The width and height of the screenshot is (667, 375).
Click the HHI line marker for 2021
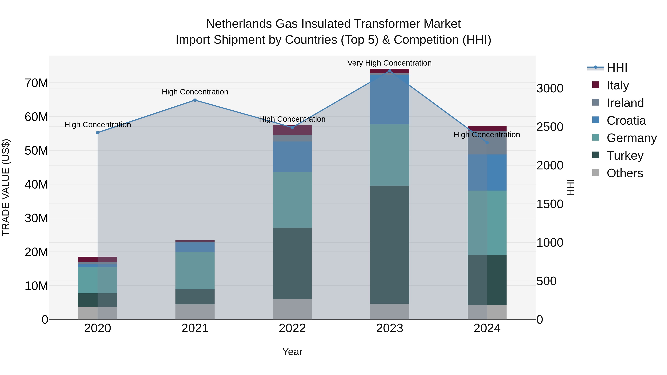pyautogui.click(x=195, y=100)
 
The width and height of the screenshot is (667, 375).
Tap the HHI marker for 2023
pyautogui.click(x=390, y=71)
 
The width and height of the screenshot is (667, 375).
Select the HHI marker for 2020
pyautogui.click(x=98, y=133)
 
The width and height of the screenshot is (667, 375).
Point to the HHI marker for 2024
pyautogui.click(x=487, y=143)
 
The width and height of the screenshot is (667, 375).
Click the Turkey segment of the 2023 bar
pyautogui.click(x=390, y=245)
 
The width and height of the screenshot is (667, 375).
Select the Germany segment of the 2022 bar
pyautogui.click(x=292, y=200)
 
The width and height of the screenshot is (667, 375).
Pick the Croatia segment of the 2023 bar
pyautogui.click(x=390, y=100)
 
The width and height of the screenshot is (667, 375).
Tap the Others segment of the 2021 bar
pyautogui.click(x=195, y=312)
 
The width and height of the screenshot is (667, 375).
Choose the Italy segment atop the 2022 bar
pyautogui.click(x=292, y=130)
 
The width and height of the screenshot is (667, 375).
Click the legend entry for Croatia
pyautogui.click(x=626, y=121)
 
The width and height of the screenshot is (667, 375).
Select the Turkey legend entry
pyautogui.click(x=625, y=156)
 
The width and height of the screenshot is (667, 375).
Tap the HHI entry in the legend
pyautogui.click(x=617, y=68)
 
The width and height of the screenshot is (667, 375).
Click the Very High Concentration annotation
pyautogui.click(x=389, y=63)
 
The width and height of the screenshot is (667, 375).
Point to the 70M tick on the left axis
pyautogui.click(x=36, y=83)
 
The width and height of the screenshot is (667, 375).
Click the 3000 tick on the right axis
pyautogui.click(x=550, y=88)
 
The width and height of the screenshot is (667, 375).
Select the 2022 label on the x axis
pyautogui.click(x=292, y=328)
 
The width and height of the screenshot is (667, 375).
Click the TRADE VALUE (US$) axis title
pyautogui.click(x=6, y=187)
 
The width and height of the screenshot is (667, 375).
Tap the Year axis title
pyautogui.click(x=292, y=352)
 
